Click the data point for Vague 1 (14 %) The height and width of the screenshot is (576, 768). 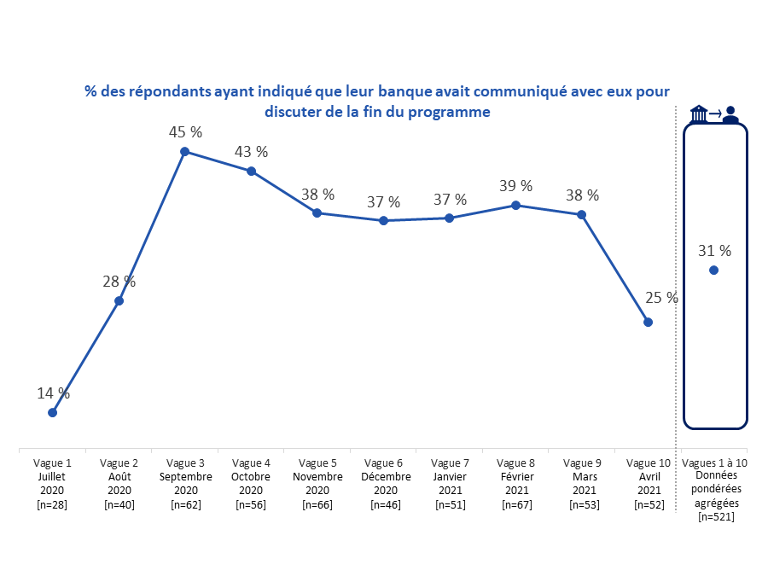52,412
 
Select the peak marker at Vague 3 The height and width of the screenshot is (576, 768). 184,152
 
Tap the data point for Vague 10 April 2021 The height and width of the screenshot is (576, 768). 648,323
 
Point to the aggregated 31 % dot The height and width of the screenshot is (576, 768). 713,271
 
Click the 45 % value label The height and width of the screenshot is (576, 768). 185,132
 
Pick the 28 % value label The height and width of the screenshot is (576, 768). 119,282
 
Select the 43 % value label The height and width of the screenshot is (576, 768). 251,152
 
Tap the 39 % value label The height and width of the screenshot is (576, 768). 515,186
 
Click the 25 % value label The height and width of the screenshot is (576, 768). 661,298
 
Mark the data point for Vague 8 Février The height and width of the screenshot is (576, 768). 515,206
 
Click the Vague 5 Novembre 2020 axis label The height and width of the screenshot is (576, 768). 317,483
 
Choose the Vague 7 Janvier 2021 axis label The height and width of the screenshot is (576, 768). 450,483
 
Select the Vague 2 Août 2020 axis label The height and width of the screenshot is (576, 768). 119,483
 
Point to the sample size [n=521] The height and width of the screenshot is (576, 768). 715,516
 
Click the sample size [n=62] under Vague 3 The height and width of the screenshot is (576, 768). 185,504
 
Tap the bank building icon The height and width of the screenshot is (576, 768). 699,114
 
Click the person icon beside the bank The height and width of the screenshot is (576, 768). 730,115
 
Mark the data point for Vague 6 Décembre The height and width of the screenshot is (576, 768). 383,221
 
